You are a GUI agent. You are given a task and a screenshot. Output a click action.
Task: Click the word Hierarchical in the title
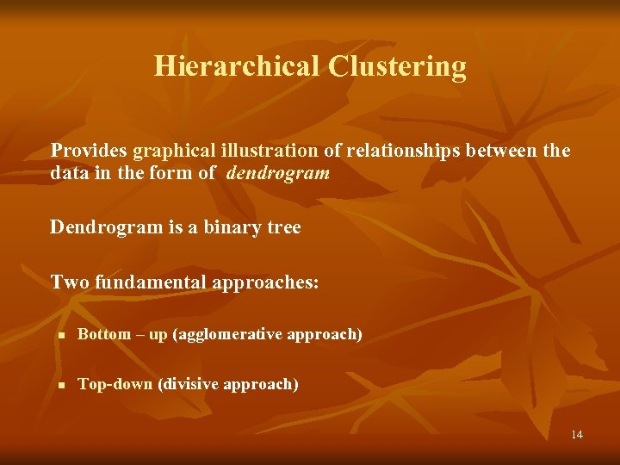click(237, 66)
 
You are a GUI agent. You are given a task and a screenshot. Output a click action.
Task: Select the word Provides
click(85, 151)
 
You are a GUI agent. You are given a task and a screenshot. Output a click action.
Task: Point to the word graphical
click(164, 152)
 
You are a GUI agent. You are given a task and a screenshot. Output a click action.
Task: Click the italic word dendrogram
click(279, 173)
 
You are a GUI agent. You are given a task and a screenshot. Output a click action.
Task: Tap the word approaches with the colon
click(264, 282)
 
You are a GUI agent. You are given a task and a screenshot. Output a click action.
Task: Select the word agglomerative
click(227, 334)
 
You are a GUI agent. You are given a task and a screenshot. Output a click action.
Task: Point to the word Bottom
click(104, 334)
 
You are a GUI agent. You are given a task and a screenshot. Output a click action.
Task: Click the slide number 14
click(576, 434)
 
